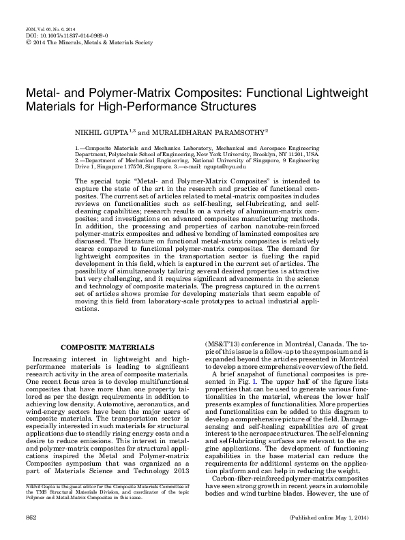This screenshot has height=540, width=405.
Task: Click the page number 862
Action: tap(31, 520)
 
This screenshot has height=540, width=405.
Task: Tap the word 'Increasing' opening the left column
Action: tap(57, 359)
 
